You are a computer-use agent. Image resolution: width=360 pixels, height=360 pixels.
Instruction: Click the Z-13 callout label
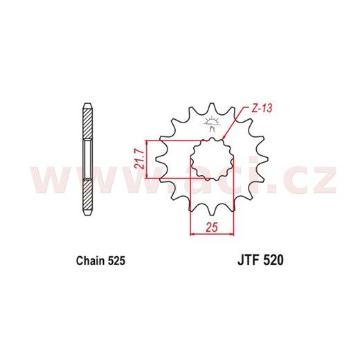pos(262,109)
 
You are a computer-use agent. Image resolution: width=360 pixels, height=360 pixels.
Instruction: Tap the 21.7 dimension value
pos(140,159)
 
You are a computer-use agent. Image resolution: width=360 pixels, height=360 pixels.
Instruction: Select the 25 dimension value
pos(212,228)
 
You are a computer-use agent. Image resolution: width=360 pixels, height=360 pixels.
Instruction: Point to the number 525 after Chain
pos(116,261)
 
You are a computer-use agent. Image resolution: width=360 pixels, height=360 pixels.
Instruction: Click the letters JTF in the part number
pos(248,261)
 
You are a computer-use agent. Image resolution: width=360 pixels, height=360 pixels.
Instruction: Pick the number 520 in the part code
pos(273,261)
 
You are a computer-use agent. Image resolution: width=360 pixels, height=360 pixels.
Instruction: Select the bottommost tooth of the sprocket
pos(212,211)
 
